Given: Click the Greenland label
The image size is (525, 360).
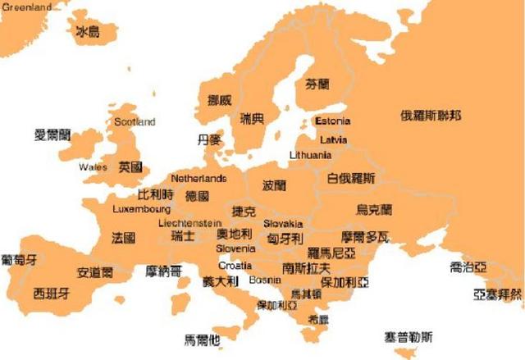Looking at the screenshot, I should (x=26, y=7).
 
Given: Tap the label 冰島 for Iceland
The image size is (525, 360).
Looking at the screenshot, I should (x=87, y=32).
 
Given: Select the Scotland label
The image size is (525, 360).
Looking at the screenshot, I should (x=135, y=122).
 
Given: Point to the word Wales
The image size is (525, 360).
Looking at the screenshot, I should (x=93, y=167).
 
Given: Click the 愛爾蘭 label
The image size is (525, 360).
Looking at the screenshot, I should (x=52, y=134).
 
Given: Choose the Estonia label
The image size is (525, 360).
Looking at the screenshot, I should (x=332, y=121).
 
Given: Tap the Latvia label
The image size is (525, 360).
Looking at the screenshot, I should (x=333, y=139).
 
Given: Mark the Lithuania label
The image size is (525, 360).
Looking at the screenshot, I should (x=310, y=155).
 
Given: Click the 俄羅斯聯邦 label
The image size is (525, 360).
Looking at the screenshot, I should (x=430, y=115).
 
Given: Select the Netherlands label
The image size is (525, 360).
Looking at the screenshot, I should (x=199, y=179).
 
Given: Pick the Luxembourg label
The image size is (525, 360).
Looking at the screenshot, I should (x=141, y=209).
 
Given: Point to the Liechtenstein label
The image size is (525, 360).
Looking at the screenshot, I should (x=189, y=222).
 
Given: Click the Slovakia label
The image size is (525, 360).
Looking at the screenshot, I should (x=283, y=223).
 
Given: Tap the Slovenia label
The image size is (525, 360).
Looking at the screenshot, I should (x=235, y=248).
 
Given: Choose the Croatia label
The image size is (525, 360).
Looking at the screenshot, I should (x=235, y=266).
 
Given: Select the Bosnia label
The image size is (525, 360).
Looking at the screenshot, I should (x=265, y=280).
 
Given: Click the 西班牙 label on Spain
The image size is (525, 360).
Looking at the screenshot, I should (x=51, y=293).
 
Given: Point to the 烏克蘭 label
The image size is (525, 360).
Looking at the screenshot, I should (x=374, y=210).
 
